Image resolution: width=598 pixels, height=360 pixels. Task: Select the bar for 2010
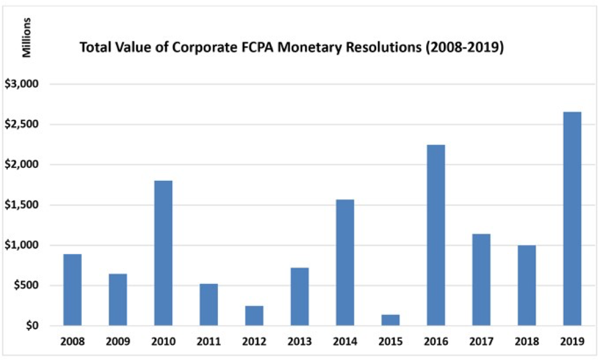163,253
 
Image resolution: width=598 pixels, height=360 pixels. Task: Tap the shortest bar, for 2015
390,320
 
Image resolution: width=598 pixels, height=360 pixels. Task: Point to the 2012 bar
254,315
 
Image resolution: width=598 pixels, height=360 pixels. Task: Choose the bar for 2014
345,263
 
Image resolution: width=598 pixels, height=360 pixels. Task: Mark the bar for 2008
73,290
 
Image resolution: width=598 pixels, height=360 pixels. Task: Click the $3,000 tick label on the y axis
20,85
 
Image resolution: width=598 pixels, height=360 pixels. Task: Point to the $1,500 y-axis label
20,205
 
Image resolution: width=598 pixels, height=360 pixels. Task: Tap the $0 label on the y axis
29,326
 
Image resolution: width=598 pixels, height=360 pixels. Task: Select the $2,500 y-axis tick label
20,125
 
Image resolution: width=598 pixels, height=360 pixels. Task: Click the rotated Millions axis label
25,38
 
